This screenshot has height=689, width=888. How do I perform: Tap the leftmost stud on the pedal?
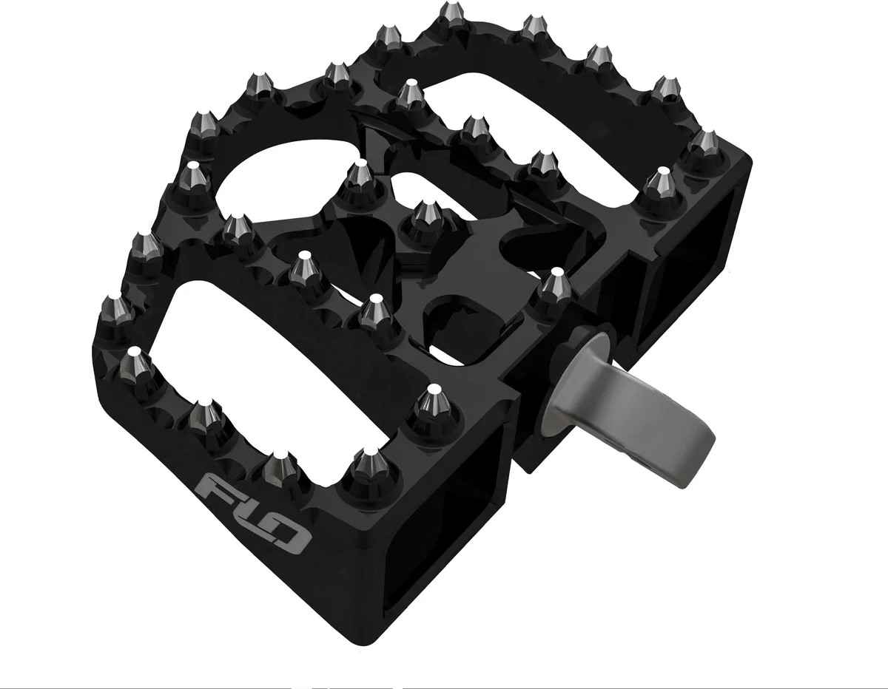click(x=115, y=307)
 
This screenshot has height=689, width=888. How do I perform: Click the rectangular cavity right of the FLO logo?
click(x=444, y=517)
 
